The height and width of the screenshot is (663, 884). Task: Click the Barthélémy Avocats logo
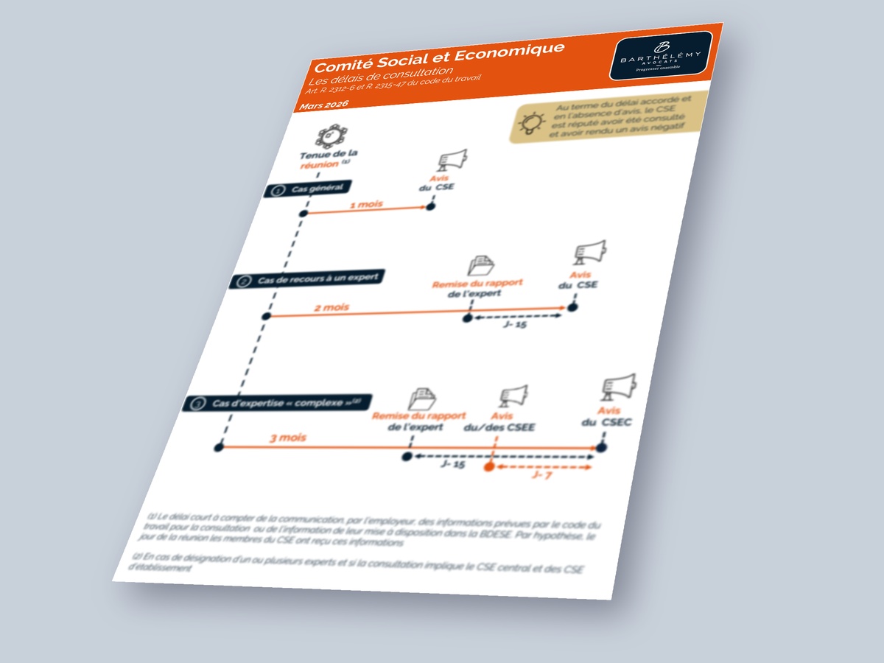tap(660, 56)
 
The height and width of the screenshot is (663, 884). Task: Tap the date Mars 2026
tap(324, 106)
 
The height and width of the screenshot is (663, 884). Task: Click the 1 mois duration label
tap(365, 204)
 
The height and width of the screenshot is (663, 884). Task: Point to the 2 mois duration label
tap(331, 306)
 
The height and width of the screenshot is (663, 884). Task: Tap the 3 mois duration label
tap(287, 438)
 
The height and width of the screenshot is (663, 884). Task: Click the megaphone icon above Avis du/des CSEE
tap(513, 397)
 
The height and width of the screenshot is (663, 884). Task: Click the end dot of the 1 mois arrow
tap(431, 206)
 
